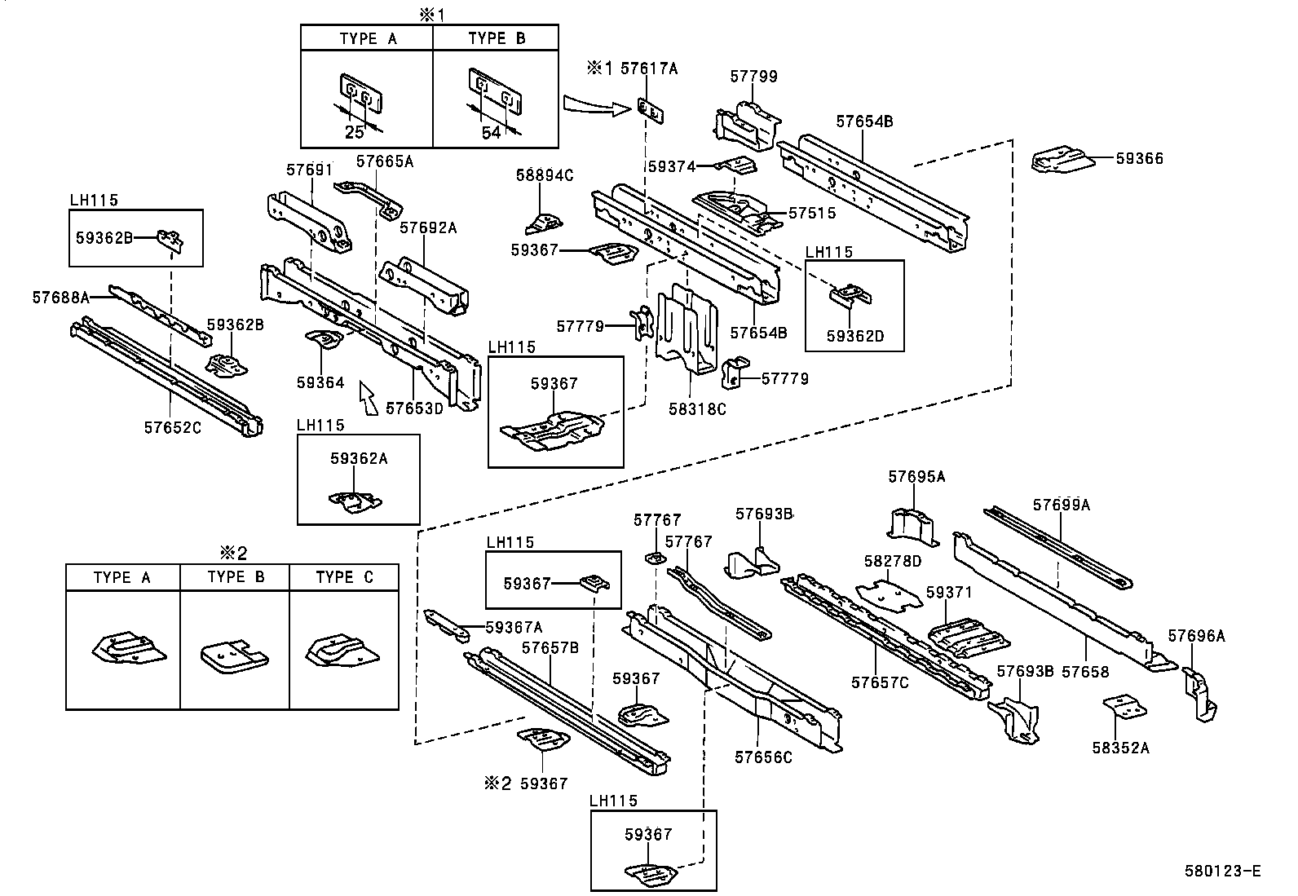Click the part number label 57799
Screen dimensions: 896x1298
[x=753, y=77]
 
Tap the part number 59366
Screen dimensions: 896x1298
[x=1139, y=159]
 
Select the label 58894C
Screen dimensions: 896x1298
[x=545, y=175]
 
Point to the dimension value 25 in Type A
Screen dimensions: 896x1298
[x=355, y=132]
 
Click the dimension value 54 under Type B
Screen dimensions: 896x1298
[x=491, y=132]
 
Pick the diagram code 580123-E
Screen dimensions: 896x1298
[x=1222, y=872]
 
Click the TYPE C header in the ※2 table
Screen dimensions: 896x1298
[x=344, y=577]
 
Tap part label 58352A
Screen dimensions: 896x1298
[x=1120, y=747]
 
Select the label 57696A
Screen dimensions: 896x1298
[x=1196, y=636]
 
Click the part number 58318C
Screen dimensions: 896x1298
[x=697, y=409]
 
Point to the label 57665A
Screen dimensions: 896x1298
[x=385, y=161]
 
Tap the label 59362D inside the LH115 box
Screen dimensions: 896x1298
[x=854, y=335]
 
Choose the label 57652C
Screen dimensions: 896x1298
[x=172, y=426]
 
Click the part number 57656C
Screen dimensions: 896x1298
[x=763, y=757]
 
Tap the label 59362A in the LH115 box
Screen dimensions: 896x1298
[x=359, y=459]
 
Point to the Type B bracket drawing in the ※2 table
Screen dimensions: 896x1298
[x=234, y=655]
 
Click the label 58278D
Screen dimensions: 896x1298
[x=893, y=561]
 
